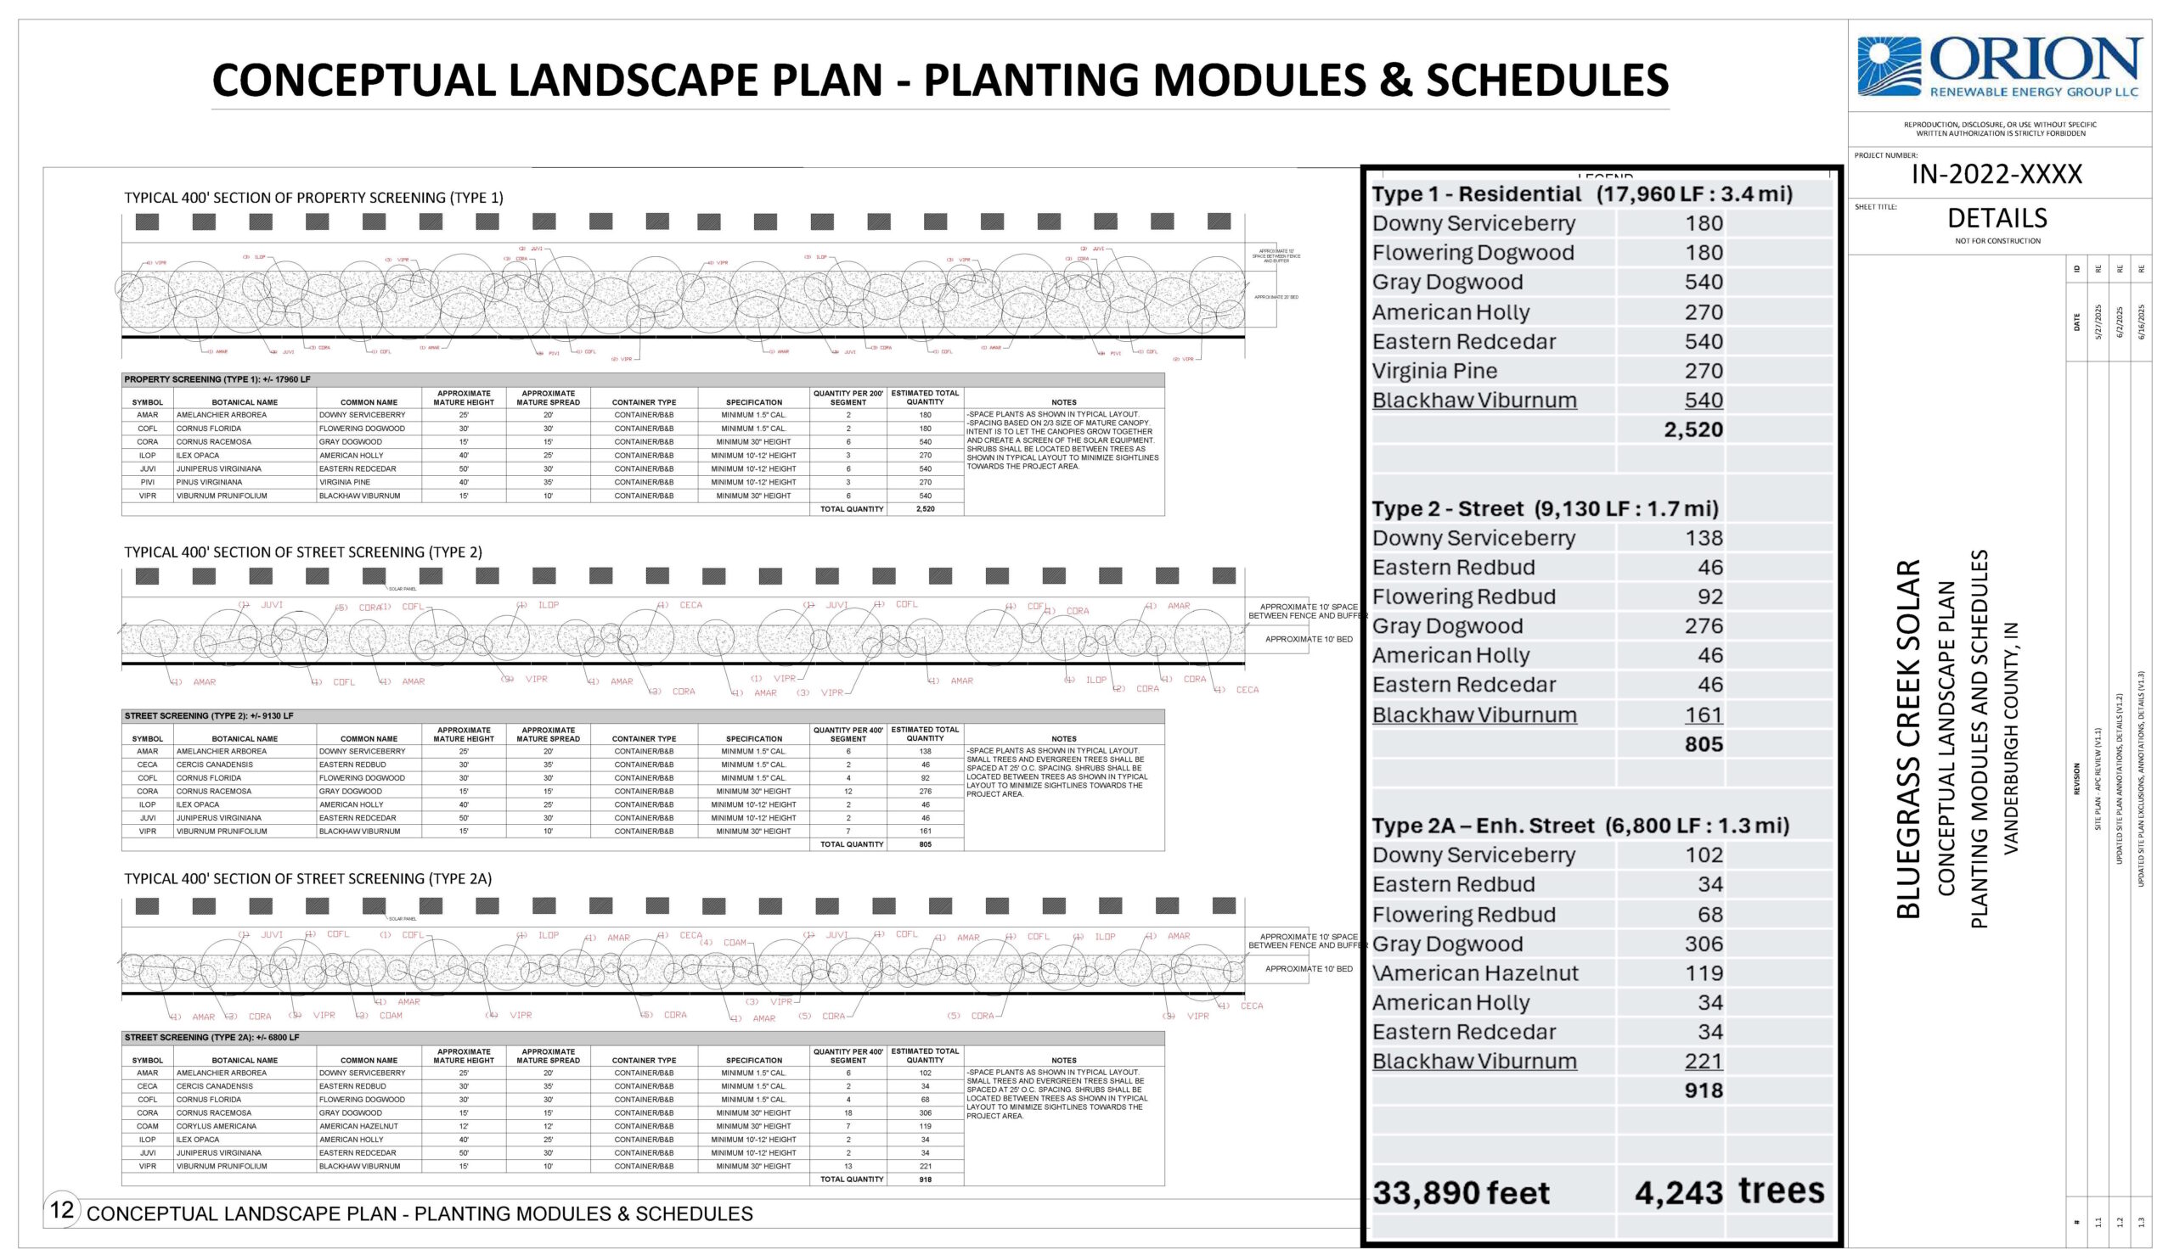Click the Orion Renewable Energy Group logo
(1998, 66)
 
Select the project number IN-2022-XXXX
(1997, 174)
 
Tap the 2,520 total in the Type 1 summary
(1692, 429)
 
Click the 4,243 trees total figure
(1678, 1193)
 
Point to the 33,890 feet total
(1461, 1193)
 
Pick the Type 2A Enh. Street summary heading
(1580, 826)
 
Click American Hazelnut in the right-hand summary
(1475, 973)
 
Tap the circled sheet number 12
(61, 1209)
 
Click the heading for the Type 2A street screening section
(308, 878)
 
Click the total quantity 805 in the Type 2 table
(925, 844)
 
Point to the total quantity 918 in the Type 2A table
(925, 1179)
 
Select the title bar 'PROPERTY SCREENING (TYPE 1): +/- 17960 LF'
(217, 379)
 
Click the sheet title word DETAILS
(1997, 218)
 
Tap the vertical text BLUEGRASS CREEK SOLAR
(1908, 739)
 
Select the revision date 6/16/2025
(2140, 322)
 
